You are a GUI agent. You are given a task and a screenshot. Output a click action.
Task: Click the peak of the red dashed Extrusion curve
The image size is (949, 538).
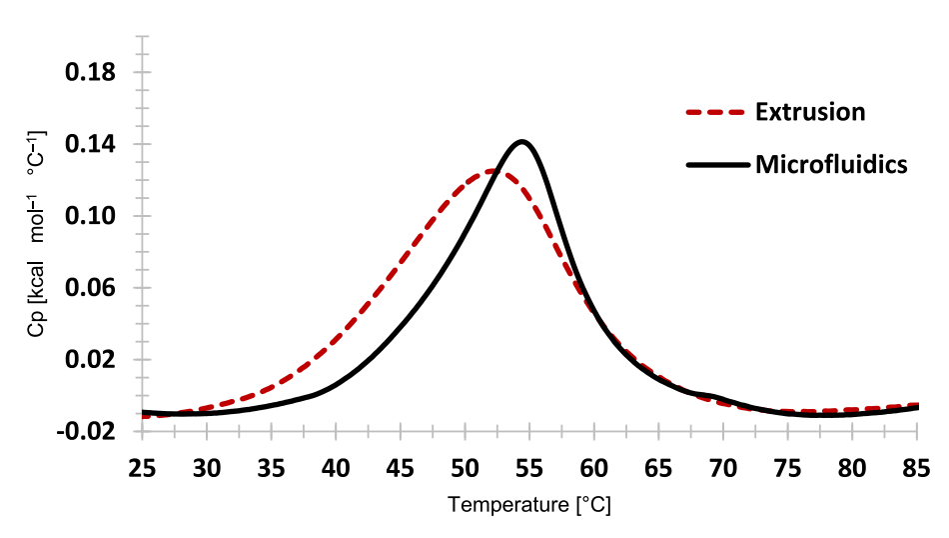[491, 171]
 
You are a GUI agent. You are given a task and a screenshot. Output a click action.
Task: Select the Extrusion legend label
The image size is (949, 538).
[810, 111]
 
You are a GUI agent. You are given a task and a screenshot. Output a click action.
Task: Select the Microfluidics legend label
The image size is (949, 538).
[831, 164]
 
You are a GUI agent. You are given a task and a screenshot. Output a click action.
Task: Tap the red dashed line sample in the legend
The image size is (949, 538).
[715, 112]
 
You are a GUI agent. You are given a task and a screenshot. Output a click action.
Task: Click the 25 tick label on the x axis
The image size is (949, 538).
[142, 467]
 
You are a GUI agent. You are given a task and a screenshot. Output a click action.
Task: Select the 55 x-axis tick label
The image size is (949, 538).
[529, 467]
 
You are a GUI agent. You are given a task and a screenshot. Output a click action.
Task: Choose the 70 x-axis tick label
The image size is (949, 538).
[723, 467]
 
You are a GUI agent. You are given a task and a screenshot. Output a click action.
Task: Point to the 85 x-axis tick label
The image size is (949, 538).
[917, 467]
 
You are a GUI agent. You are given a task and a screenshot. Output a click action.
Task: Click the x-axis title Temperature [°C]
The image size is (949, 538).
[529, 505]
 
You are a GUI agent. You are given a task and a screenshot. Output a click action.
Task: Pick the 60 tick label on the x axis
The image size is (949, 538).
[594, 467]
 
